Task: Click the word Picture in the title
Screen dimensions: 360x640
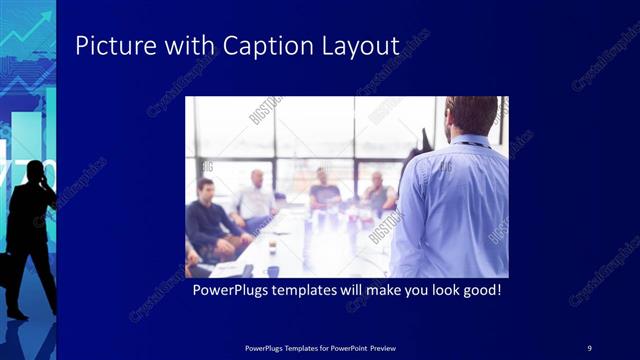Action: tap(107, 46)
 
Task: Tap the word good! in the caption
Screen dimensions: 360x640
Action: tap(478, 292)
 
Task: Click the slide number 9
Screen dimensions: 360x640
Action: tap(589, 347)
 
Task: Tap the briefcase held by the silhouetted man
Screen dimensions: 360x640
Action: tap(5, 268)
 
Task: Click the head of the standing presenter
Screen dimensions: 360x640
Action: tap(470, 116)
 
